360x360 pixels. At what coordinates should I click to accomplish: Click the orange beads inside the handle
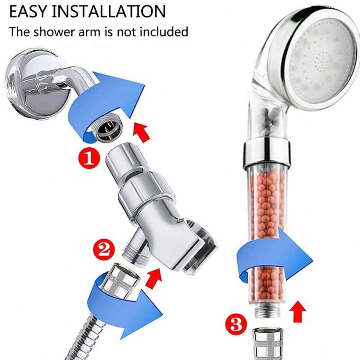[x=266, y=208]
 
